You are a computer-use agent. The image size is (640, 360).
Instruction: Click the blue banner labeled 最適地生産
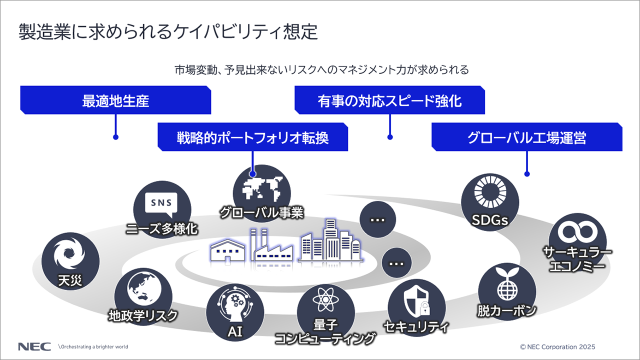[115, 101]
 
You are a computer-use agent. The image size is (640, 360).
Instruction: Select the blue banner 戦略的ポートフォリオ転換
[252, 137]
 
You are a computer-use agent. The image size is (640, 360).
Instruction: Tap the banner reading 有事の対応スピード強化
[389, 101]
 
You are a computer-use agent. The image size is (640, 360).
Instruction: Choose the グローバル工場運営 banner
[526, 137]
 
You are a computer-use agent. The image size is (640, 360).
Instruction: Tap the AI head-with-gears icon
[234, 304]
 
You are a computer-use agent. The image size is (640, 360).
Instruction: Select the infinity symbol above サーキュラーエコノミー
[577, 231]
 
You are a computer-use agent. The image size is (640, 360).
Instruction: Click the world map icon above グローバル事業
[261, 187]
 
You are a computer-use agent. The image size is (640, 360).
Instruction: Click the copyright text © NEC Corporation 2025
[557, 346]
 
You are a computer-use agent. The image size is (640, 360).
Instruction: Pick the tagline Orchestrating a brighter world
[93, 346]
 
